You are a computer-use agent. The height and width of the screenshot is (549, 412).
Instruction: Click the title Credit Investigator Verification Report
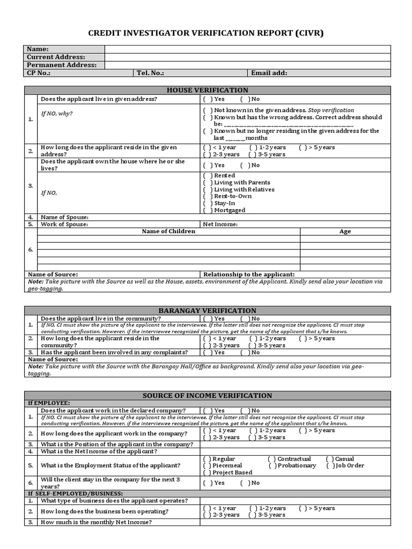206,33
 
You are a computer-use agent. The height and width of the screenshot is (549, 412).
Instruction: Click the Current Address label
56,57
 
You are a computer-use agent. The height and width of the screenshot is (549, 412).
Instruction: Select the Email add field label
269,73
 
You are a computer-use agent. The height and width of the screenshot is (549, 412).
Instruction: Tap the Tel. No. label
150,73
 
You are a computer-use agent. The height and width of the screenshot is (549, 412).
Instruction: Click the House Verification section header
207,90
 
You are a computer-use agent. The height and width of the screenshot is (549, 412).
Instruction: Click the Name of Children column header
168,231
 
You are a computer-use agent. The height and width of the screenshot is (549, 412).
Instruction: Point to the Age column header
345,232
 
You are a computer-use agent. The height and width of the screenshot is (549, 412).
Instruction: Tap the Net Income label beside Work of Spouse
220,224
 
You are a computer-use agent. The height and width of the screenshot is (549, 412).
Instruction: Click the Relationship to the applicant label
249,274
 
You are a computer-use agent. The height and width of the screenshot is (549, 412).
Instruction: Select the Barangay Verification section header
207,310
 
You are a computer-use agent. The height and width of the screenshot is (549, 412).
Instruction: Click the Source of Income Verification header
207,396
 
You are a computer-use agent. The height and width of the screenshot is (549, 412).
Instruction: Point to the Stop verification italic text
331,110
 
